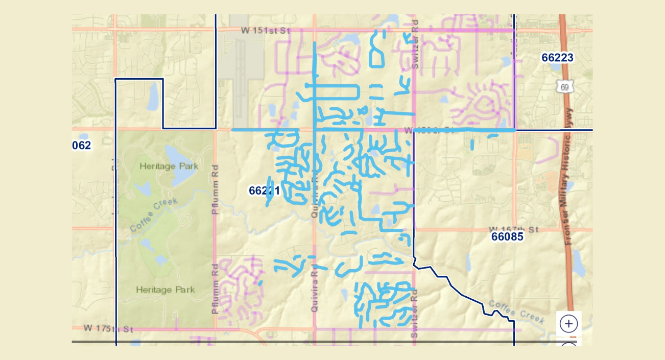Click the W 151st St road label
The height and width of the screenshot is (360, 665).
[x=266, y=31]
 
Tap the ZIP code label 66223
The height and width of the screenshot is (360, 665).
[x=557, y=58]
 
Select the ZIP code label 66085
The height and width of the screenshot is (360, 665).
[x=507, y=237]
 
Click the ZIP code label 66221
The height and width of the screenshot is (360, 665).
[x=264, y=190]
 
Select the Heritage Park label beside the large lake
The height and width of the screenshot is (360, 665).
[x=169, y=166]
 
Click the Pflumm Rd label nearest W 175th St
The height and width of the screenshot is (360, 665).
[x=216, y=289]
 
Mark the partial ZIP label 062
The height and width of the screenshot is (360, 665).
[x=82, y=146]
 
